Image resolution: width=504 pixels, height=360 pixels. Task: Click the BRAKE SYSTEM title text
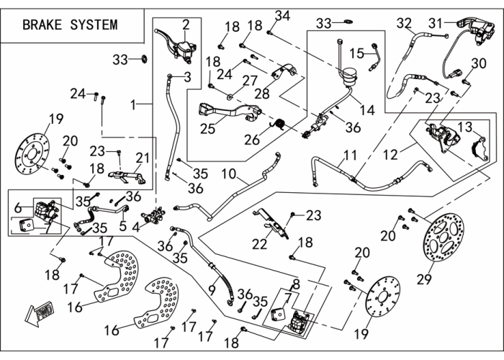[70, 24]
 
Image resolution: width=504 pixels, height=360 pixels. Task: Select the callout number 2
[186, 24]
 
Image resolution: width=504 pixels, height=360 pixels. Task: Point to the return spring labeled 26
[279, 125]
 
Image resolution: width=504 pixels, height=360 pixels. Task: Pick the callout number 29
[424, 279]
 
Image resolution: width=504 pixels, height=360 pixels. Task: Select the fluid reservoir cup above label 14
[348, 77]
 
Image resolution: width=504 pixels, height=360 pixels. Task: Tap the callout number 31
[436, 23]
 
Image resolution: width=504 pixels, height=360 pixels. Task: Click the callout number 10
[228, 174]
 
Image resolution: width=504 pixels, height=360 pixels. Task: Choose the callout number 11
[350, 155]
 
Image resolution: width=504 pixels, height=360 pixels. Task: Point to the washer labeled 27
[230, 96]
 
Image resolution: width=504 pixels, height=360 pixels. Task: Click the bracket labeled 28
[284, 72]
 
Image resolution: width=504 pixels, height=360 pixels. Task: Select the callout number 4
[136, 228]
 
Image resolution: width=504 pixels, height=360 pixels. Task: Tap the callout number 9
[212, 290]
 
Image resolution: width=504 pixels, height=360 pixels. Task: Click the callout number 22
[259, 244]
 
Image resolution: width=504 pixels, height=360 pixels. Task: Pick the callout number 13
[464, 127]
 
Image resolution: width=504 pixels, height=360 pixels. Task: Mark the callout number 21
[143, 158]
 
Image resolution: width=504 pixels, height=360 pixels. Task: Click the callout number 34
[282, 16]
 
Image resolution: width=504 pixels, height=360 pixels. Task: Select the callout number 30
[479, 63]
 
